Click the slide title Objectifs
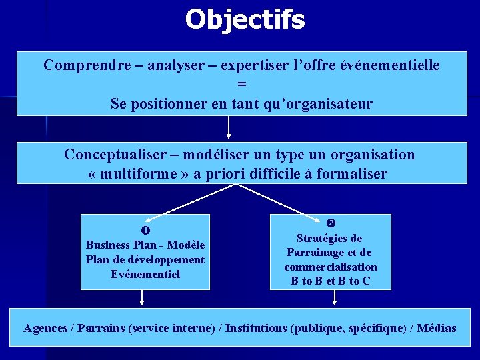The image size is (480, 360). tap(245, 19)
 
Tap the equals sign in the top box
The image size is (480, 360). tap(241, 85)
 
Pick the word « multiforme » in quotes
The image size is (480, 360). tap(133, 174)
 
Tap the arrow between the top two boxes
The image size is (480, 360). tap(229, 128)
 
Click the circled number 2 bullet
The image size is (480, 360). tap(330, 223)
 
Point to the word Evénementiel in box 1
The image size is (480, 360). tap(145, 274)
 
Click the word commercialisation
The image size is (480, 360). tap(331, 267)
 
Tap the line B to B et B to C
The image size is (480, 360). tap(330, 281)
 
